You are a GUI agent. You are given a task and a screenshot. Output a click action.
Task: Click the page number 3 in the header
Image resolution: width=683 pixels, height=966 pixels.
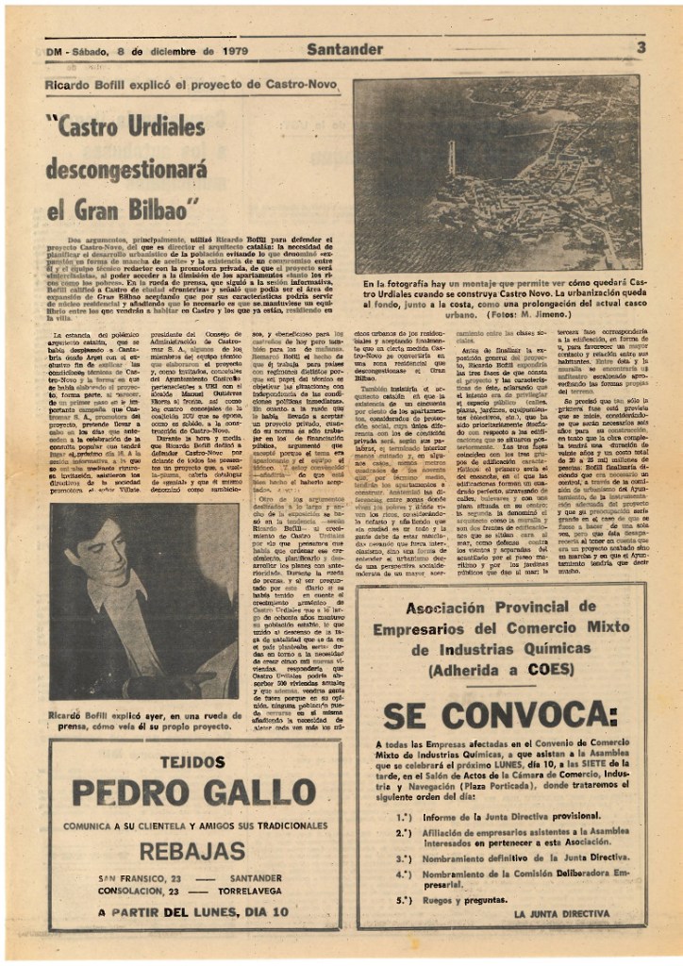[x=641, y=47]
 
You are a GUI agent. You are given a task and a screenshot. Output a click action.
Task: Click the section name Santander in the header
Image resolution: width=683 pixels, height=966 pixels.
[x=344, y=48]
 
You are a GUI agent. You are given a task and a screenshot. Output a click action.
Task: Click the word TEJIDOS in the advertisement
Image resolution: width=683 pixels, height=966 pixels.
[x=192, y=761]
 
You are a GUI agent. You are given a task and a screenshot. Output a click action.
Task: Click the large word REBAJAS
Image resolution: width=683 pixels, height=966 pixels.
[x=192, y=852]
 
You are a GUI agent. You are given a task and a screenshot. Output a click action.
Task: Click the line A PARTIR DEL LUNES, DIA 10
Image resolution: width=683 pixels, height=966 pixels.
[x=192, y=912]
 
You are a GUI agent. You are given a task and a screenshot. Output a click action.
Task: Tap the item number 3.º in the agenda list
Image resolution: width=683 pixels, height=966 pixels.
[x=403, y=858]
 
